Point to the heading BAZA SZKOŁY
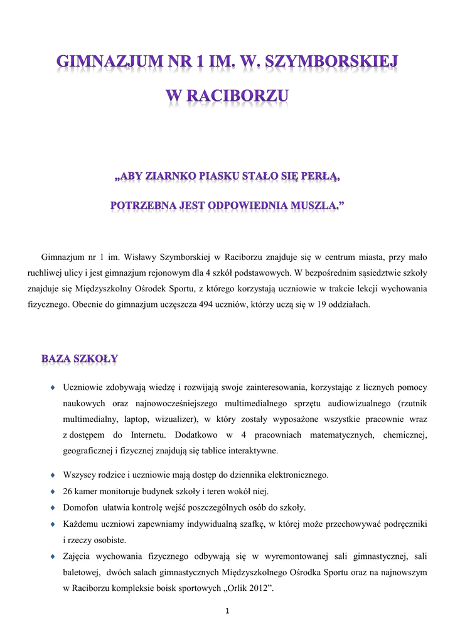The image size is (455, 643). pyautogui.click(x=80, y=359)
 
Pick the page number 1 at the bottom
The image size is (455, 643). pyautogui.click(x=228, y=612)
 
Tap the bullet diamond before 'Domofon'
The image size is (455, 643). pyautogui.click(x=54, y=507)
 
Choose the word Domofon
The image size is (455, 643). pyautogui.click(x=80, y=507)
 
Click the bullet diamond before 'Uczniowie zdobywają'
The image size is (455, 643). pyautogui.click(x=54, y=386)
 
